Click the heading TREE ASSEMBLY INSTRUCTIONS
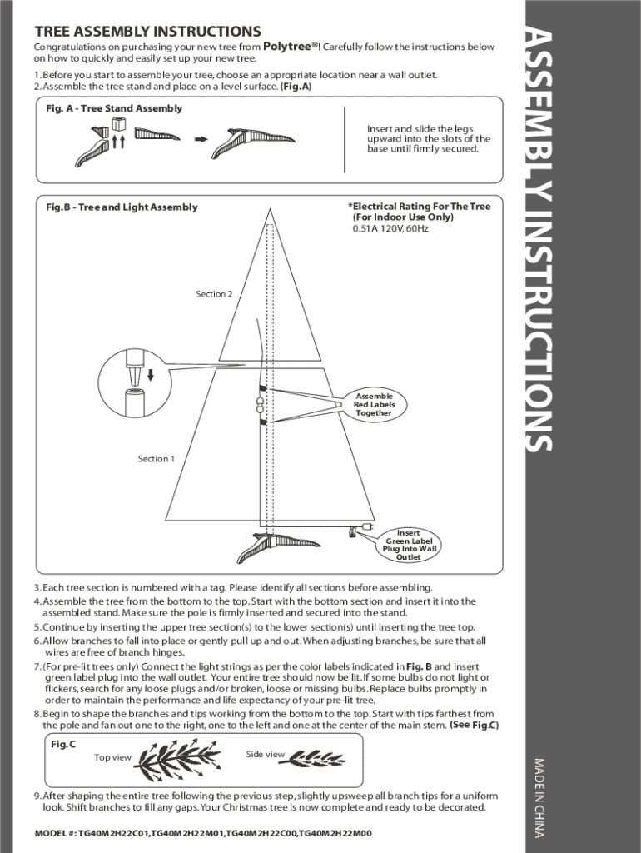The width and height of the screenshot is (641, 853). [x=147, y=32]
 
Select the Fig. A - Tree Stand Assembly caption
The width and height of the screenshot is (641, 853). [x=114, y=108]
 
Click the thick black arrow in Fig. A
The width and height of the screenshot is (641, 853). [x=200, y=139]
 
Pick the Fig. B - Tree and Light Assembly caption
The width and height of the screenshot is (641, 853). [x=122, y=207]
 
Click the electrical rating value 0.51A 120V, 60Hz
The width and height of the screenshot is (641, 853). [x=390, y=228]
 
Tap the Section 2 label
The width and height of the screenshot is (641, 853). [x=214, y=294]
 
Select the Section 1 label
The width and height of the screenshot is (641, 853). [x=157, y=459]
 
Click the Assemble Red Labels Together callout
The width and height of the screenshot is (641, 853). [x=373, y=404]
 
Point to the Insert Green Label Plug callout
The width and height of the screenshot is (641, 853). [x=408, y=545]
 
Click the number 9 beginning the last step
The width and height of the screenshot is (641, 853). [x=37, y=796]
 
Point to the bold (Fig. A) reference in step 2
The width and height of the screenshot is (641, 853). [x=296, y=87]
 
